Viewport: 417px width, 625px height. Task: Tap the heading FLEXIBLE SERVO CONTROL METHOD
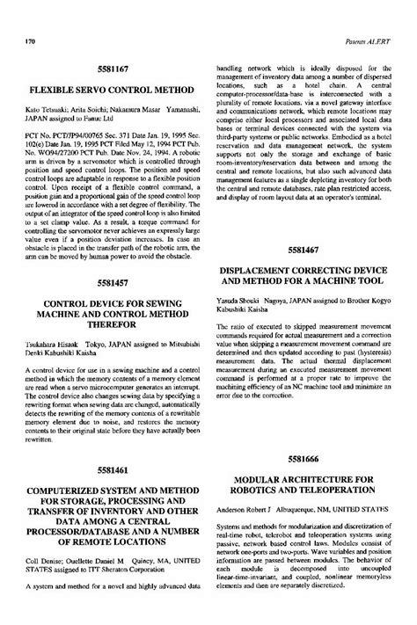(107, 90)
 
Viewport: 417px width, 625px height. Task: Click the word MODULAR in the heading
(260, 481)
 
